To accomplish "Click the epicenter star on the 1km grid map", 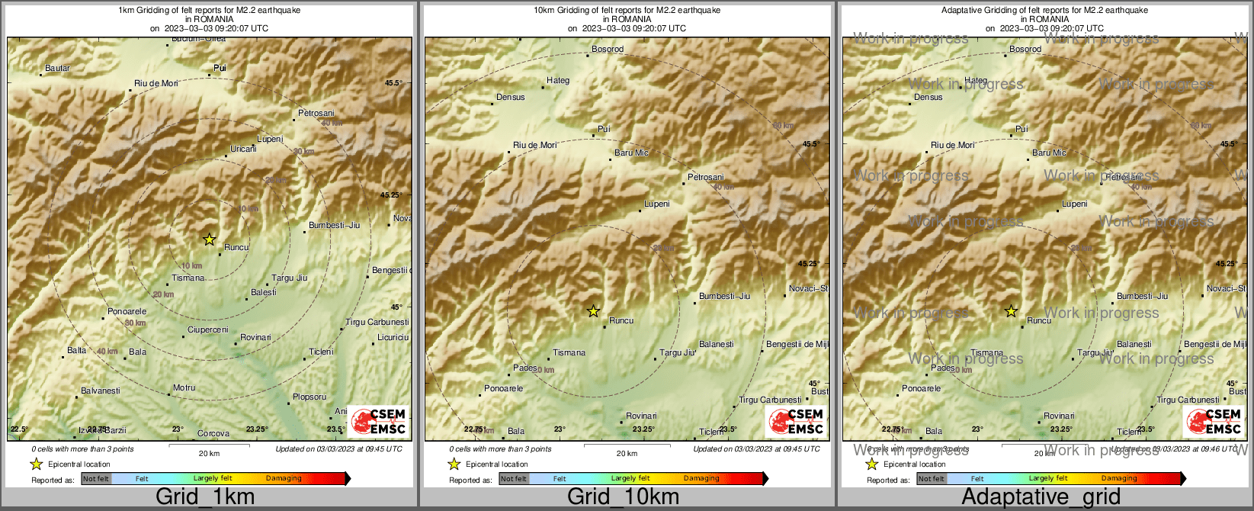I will [x=210, y=239].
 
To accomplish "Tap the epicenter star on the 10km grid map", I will [x=593, y=311].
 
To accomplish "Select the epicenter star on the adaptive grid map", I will [x=1011, y=311].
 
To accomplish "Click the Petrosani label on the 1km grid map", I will [x=316, y=114].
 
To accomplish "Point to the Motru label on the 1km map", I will [x=184, y=388].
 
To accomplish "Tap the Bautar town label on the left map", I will [x=57, y=69].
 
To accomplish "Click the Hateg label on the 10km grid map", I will [x=558, y=80].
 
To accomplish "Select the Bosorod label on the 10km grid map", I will [x=608, y=50].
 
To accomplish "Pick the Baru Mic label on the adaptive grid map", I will [x=1049, y=153].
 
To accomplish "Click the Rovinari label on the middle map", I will [x=641, y=416].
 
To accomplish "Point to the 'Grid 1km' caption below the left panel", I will [x=205, y=497].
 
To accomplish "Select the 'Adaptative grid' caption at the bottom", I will [x=1041, y=497].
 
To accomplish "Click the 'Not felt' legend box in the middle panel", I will [x=514, y=479].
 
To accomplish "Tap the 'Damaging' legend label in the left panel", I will [x=284, y=479].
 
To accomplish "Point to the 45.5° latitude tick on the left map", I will [x=393, y=83].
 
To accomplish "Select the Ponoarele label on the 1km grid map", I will [x=127, y=312].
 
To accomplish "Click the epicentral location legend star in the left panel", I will [x=36, y=464].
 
